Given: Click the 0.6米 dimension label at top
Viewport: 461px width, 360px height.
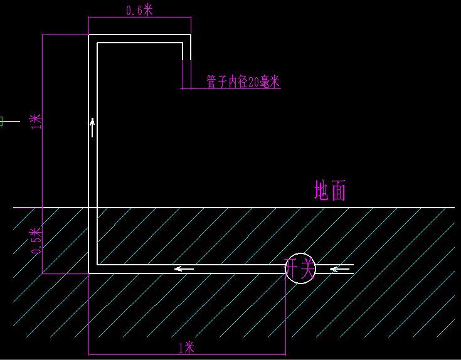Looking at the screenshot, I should coord(139,10).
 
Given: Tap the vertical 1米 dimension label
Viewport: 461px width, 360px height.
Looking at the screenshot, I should coord(36,120).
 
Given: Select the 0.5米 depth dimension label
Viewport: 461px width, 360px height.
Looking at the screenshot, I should coord(36,241).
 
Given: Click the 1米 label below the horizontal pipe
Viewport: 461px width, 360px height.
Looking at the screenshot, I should coord(186,347).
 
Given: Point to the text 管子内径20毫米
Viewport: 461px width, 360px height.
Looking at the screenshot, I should coord(243,82).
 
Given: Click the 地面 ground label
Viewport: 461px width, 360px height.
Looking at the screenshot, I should coord(330,191).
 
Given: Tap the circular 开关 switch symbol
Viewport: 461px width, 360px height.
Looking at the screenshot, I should coord(300,268).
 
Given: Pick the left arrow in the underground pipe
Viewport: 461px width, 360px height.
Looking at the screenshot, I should coord(184,269).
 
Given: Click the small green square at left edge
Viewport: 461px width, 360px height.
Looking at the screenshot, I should coord(1,121).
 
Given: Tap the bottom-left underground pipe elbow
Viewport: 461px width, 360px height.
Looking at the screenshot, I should coord(93,269).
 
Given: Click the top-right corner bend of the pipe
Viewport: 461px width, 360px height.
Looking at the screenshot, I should coord(186,39).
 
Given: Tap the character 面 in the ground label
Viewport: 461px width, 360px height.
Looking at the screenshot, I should coord(338,191).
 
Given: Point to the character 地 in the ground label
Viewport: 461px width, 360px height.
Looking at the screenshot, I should coord(322,191).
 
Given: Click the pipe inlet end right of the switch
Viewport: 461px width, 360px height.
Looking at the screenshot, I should coord(352,269).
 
